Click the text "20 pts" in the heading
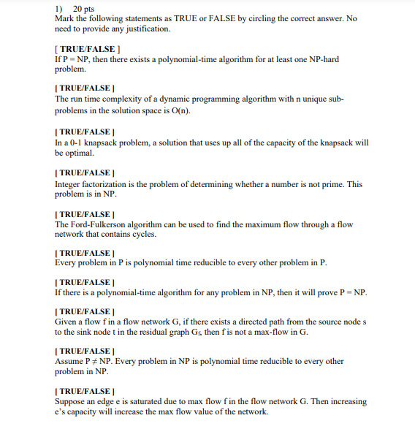(85, 7)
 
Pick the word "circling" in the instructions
(251, 18)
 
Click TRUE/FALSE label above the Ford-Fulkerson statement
(83, 213)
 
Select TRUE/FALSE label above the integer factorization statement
(83, 173)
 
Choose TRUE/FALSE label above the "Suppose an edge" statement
(83, 391)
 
